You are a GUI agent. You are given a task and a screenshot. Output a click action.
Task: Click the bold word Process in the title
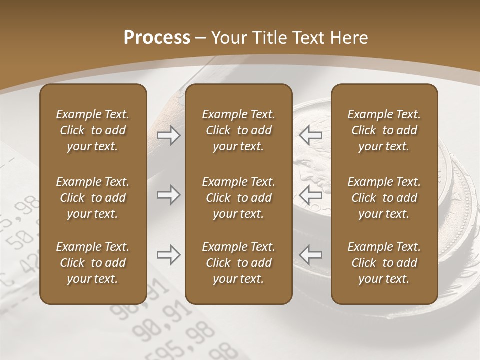point(157,38)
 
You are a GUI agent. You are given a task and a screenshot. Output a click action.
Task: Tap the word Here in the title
point(348,38)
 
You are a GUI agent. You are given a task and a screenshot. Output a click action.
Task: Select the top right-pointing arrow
point(168,135)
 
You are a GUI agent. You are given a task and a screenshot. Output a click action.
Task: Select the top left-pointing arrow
point(310,135)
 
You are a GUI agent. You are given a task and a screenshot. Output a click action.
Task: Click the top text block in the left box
point(93,130)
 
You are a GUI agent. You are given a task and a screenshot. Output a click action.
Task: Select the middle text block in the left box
point(93,198)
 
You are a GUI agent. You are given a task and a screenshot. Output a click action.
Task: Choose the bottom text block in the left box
point(93,263)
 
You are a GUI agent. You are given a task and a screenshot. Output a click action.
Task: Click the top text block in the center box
point(238,130)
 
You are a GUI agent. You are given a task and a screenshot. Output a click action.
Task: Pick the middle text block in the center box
point(238,198)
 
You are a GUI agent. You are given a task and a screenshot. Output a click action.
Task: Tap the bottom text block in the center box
point(238,263)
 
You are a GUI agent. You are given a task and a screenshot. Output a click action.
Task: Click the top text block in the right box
point(384,130)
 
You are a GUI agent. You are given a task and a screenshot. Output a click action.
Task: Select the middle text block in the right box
point(384,198)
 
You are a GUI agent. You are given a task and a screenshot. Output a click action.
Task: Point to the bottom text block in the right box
point(384,263)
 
